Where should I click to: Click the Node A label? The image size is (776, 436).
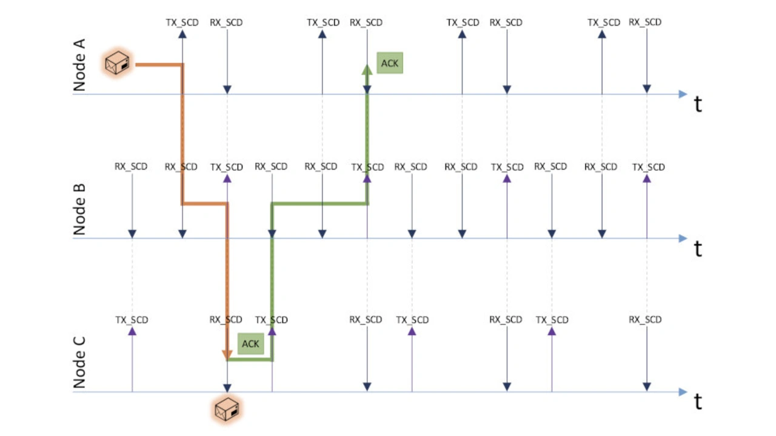tap(79, 65)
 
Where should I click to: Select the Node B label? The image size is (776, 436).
tap(79, 210)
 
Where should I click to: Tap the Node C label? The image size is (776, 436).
tap(79, 363)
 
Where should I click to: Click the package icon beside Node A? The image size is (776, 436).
tap(118, 62)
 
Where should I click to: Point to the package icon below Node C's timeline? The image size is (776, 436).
tap(227, 409)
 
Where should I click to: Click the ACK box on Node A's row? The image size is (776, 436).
tap(390, 63)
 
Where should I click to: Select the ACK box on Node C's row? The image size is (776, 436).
tap(250, 343)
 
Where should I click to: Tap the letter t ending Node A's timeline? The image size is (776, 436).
tap(698, 104)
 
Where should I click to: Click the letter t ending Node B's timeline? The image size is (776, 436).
tap(698, 249)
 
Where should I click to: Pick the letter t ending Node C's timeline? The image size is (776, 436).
tap(698, 401)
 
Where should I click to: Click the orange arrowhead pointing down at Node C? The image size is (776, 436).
tap(227, 355)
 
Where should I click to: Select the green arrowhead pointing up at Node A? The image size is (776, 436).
tap(367, 69)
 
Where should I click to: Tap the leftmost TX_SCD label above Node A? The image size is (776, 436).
tap(182, 22)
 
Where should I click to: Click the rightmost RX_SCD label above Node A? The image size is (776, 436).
tap(645, 22)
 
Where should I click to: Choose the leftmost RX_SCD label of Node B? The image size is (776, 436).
tap(131, 167)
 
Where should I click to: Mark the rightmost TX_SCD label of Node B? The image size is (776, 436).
tap(649, 167)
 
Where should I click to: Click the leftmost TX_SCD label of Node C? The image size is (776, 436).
tap(132, 320)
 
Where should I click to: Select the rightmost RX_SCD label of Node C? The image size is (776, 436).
tap(645, 319)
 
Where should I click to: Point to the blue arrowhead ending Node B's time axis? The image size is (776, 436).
tap(683, 239)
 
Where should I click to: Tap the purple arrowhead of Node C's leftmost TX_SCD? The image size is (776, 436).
tap(132, 331)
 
